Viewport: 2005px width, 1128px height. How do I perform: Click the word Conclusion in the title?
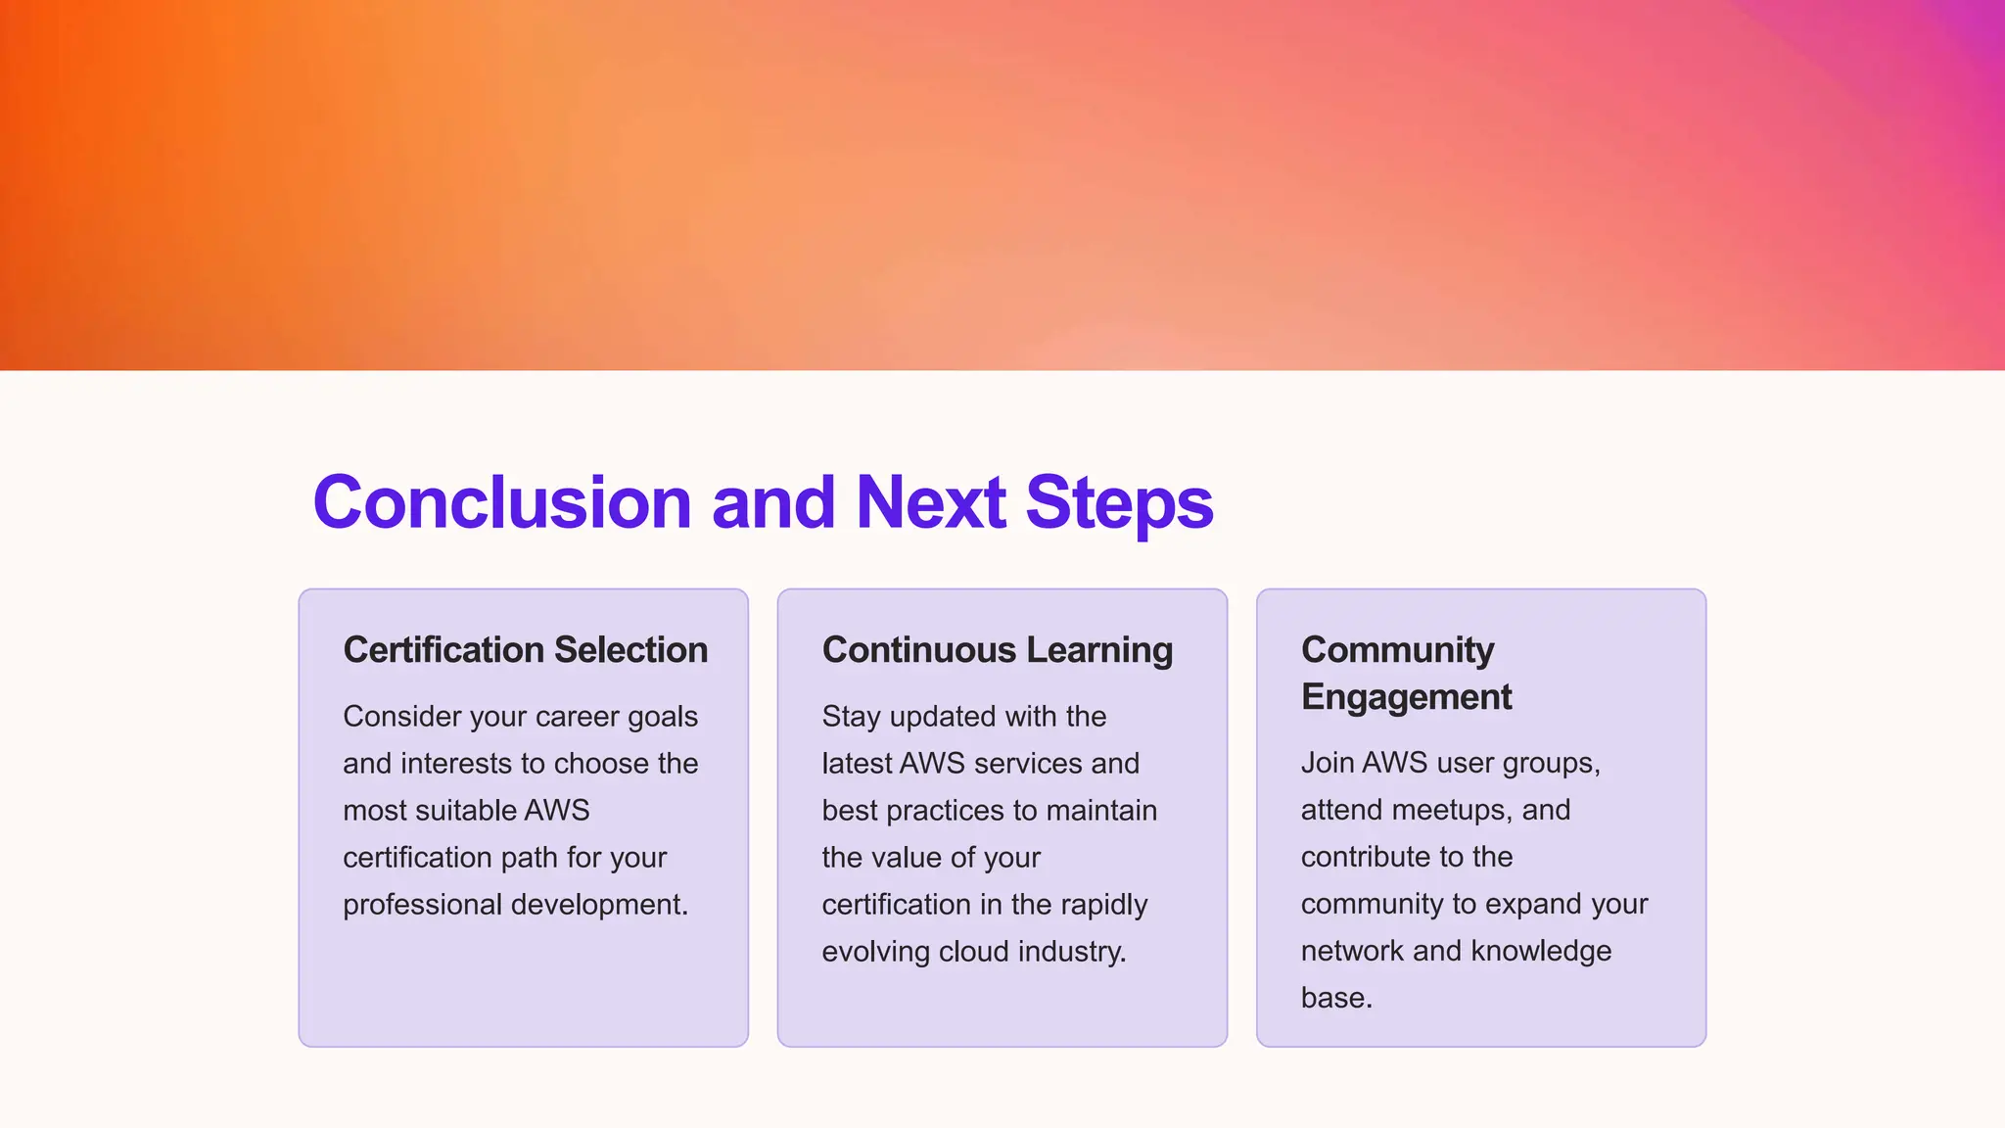pos(502,502)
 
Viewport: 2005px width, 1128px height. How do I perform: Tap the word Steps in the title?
pos(1119,502)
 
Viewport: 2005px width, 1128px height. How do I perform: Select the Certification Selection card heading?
pos(525,650)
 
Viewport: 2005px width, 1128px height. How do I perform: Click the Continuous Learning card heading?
pos(997,650)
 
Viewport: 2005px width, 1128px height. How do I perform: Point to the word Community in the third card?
pos(1397,650)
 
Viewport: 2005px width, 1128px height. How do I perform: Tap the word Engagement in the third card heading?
pos(1406,697)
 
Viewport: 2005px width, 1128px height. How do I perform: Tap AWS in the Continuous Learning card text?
pos(932,764)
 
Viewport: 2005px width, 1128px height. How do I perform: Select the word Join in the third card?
pos(1327,763)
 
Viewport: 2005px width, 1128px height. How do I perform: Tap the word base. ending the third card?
pos(1336,998)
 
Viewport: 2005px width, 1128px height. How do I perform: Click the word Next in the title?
pos(930,502)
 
